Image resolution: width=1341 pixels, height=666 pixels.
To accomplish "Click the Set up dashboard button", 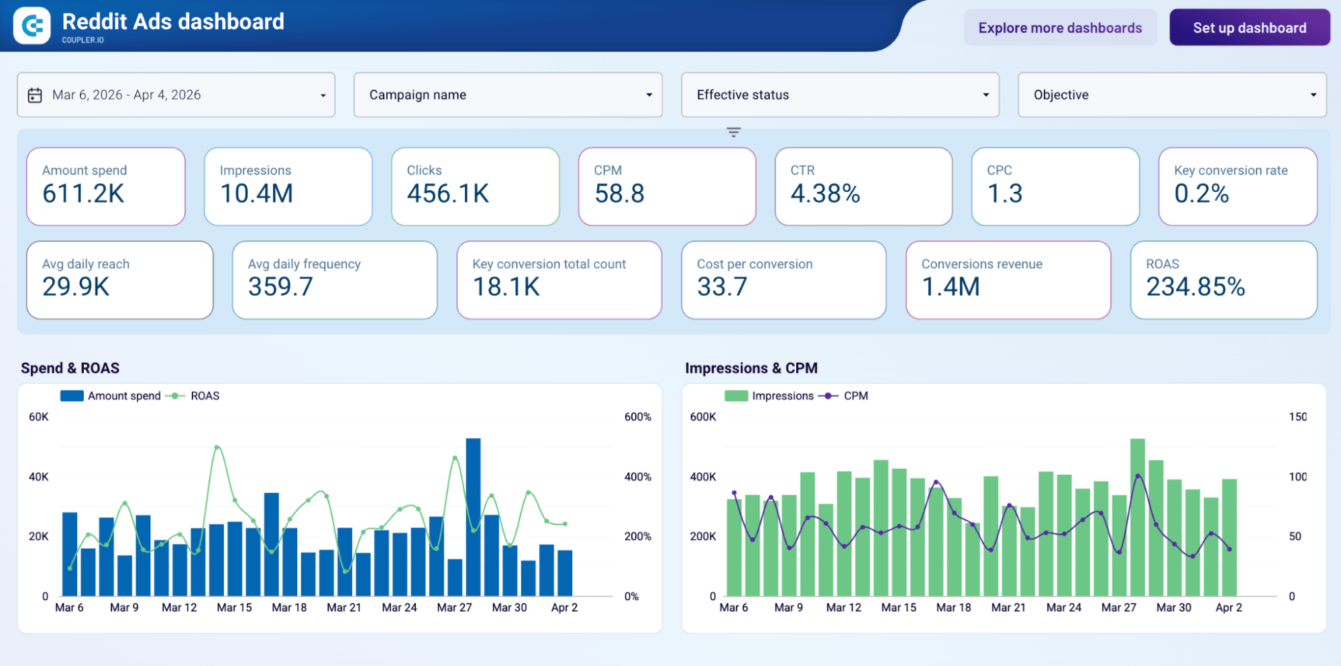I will pos(1249,27).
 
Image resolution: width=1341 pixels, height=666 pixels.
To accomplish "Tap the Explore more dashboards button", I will pos(1059,27).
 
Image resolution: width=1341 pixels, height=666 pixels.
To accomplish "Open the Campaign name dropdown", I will pos(508,95).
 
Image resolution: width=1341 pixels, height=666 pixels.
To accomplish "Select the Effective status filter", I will pos(840,95).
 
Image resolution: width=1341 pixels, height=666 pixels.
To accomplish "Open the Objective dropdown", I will pos(1171,95).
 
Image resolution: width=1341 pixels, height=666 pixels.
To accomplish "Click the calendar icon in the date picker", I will pos(35,95).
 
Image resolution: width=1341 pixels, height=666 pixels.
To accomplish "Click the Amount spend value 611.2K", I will pos(83,194).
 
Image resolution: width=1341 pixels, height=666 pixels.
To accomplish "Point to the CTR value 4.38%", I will pos(824,194).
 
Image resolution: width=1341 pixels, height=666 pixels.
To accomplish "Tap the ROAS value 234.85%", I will pos(1195,287).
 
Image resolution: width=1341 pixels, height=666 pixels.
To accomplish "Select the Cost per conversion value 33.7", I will pos(722,287).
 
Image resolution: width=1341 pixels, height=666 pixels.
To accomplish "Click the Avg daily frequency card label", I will pos(304,264).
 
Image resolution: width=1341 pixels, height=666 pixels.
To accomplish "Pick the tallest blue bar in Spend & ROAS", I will pos(473,516).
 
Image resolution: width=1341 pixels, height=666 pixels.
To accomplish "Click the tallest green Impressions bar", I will pos(1137,516).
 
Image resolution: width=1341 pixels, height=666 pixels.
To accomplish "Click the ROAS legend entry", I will pos(204,396).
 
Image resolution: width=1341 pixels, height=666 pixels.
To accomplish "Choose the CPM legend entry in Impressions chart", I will pos(855,396).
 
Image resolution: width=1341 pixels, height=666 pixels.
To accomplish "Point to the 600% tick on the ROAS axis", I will pos(637,417).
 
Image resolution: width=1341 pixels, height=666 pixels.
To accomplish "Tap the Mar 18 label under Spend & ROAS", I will pos(289,608).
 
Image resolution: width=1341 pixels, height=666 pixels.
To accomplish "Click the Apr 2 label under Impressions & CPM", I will pos(1228,608).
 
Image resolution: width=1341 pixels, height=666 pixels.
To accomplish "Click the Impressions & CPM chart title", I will pos(751,368).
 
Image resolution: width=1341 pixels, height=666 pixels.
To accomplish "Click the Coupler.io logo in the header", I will pos(32,25).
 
